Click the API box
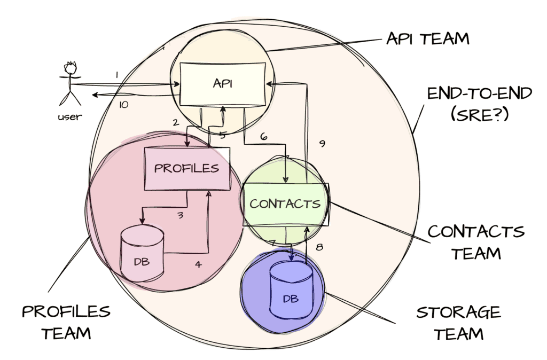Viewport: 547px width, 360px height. pyautogui.click(x=223, y=84)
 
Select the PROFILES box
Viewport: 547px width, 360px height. pyautogui.click(x=186, y=168)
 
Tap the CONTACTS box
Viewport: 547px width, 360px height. pyautogui.click(x=285, y=204)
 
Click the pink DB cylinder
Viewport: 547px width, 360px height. pyautogui.click(x=141, y=254)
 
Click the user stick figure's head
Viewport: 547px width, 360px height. pyautogui.click(x=70, y=69)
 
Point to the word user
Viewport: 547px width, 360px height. pyautogui.click(x=69, y=116)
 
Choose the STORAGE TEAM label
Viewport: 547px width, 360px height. pyautogui.click(x=458, y=323)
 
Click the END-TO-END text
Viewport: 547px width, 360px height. pyautogui.click(x=479, y=93)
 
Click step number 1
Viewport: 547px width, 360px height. pyautogui.click(x=117, y=75)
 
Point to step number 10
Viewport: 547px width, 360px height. pyautogui.click(x=123, y=105)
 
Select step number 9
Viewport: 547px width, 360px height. pyautogui.click(x=322, y=144)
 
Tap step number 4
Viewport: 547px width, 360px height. pyautogui.click(x=198, y=264)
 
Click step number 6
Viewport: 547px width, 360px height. pyautogui.click(x=263, y=137)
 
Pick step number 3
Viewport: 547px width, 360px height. pyautogui.click(x=181, y=216)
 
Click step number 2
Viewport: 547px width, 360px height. pyautogui.click(x=175, y=122)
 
